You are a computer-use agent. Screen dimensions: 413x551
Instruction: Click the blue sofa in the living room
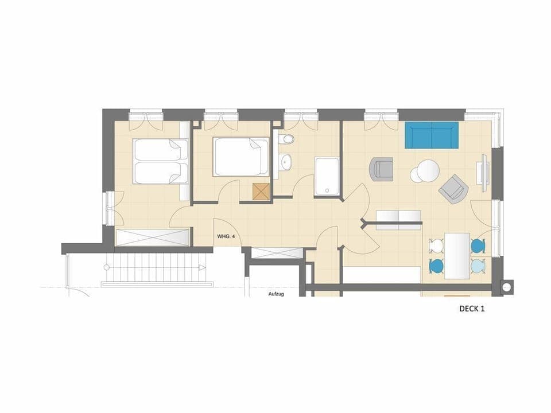pyautogui.click(x=432, y=135)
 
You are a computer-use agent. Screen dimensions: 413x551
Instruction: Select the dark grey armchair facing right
pyautogui.click(x=382, y=169)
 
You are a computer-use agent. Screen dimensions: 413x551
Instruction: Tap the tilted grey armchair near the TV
pyautogui.click(x=453, y=188)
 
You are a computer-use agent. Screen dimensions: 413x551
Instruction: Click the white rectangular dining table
pyautogui.click(x=457, y=255)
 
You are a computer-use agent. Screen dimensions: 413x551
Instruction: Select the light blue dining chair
pyautogui.click(x=478, y=266)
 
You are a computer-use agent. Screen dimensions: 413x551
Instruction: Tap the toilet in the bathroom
pyautogui.click(x=286, y=139)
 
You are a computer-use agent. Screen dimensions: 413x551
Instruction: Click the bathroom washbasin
pyautogui.click(x=285, y=162)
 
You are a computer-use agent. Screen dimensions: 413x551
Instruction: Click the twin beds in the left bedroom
pyautogui.click(x=160, y=161)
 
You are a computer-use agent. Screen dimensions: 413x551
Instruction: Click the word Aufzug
pyautogui.click(x=277, y=294)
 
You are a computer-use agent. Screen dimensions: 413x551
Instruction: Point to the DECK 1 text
pyautogui.click(x=472, y=309)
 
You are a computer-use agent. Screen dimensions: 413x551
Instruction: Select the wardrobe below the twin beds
pyautogui.click(x=153, y=237)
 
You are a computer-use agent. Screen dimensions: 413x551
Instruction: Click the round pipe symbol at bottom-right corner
pyautogui.click(x=507, y=287)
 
